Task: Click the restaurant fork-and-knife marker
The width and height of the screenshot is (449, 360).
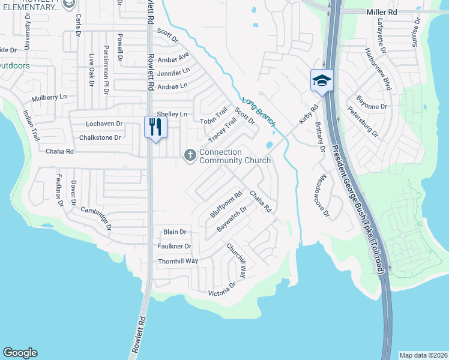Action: (x=155, y=128)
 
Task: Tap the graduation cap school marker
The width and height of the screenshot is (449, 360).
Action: (x=322, y=80)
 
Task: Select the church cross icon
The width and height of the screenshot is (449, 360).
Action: (x=190, y=156)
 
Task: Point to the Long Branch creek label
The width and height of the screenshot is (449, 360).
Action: (x=259, y=112)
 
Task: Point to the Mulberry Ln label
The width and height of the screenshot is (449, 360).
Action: (x=49, y=97)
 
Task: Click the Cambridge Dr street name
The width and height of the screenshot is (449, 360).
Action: (x=96, y=218)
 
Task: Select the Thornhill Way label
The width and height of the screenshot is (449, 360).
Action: (x=178, y=261)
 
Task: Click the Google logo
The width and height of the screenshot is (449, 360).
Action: (x=20, y=353)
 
